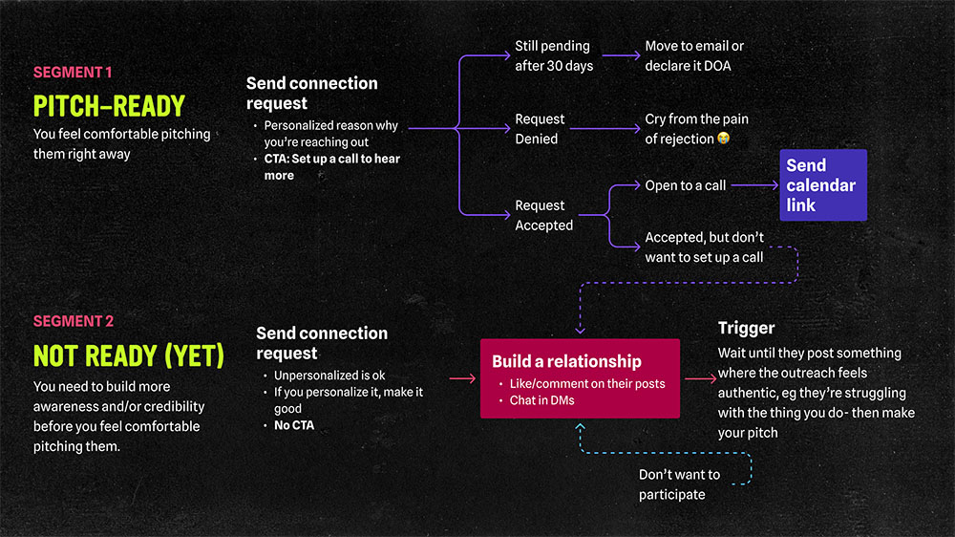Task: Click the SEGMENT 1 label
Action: pyautogui.click(x=73, y=73)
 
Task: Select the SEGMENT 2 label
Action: pyautogui.click(x=74, y=321)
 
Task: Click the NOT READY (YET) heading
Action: pyautogui.click(x=128, y=355)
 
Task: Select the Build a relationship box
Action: pyautogui.click(x=580, y=378)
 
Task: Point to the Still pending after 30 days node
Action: pyautogui.click(x=554, y=55)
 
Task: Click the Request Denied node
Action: pyautogui.click(x=541, y=129)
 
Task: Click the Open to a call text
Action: pyautogui.click(x=685, y=185)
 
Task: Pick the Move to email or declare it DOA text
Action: pyautogui.click(x=694, y=55)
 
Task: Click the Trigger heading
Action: pyautogui.click(x=746, y=329)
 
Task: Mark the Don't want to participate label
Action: pyautogui.click(x=679, y=484)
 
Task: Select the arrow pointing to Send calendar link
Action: pyautogui.click(x=754, y=185)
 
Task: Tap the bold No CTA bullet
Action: pyautogui.click(x=294, y=425)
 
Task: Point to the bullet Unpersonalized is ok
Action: pyautogui.click(x=329, y=376)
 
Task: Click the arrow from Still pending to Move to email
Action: pyautogui.click(x=620, y=55)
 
